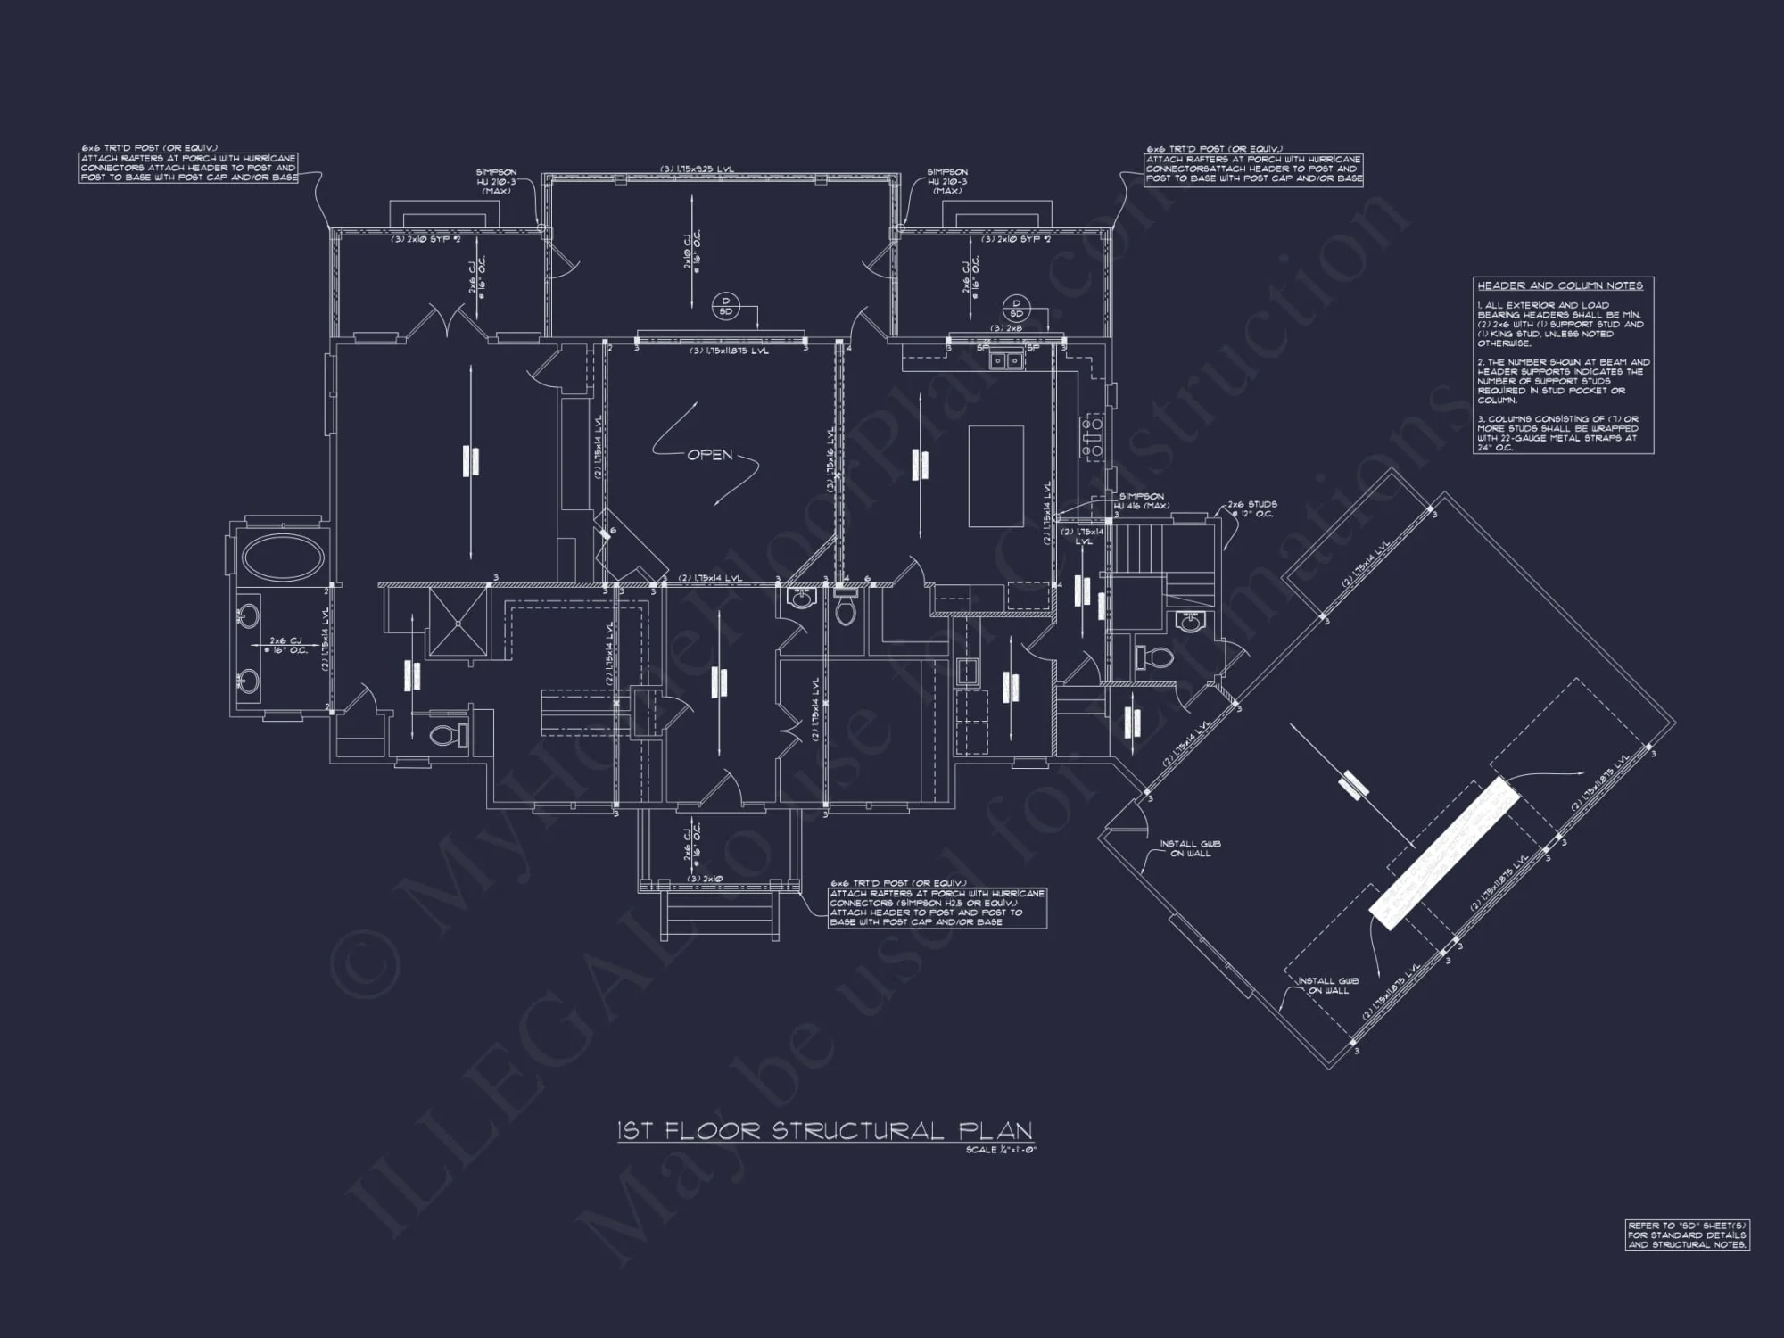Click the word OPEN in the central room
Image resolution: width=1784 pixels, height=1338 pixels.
pyautogui.click(x=710, y=456)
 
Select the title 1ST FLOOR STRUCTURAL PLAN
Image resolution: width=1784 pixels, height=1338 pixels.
pyautogui.click(x=825, y=1131)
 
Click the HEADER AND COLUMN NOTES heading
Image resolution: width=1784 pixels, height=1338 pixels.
pyautogui.click(x=1560, y=286)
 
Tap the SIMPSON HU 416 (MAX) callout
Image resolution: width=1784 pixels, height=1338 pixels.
pyautogui.click(x=1141, y=500)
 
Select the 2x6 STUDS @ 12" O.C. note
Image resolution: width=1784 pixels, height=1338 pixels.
pyautogui.click(x=1251, y=508)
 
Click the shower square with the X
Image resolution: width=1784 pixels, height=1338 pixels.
pyautogui.click(x=458, y=622)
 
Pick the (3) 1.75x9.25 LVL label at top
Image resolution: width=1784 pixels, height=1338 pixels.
pyautogui.click(x=698, y=169)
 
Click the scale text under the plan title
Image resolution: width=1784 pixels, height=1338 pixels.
pyautogui.click(x=1000, y=1150)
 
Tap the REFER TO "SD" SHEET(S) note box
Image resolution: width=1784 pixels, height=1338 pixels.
pyautogui.click(x=1687, y=1235)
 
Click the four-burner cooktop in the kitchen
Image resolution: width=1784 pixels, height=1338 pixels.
pyautogui.click(x=1092, y=436)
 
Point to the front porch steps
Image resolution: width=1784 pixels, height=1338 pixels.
pyautogui.click(x=720, y=914)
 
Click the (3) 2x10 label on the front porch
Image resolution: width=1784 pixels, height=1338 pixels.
pyautogui.click(x=705, y=879)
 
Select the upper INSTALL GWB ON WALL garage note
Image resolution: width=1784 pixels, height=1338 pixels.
pyautogui.click(x=1190, y=848)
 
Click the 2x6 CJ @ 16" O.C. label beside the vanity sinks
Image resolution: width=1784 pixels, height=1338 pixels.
pyautogui.click(x=288, y=645)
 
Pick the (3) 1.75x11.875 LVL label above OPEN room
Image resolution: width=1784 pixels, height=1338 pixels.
pyautogui.click(x=730, y=351)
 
